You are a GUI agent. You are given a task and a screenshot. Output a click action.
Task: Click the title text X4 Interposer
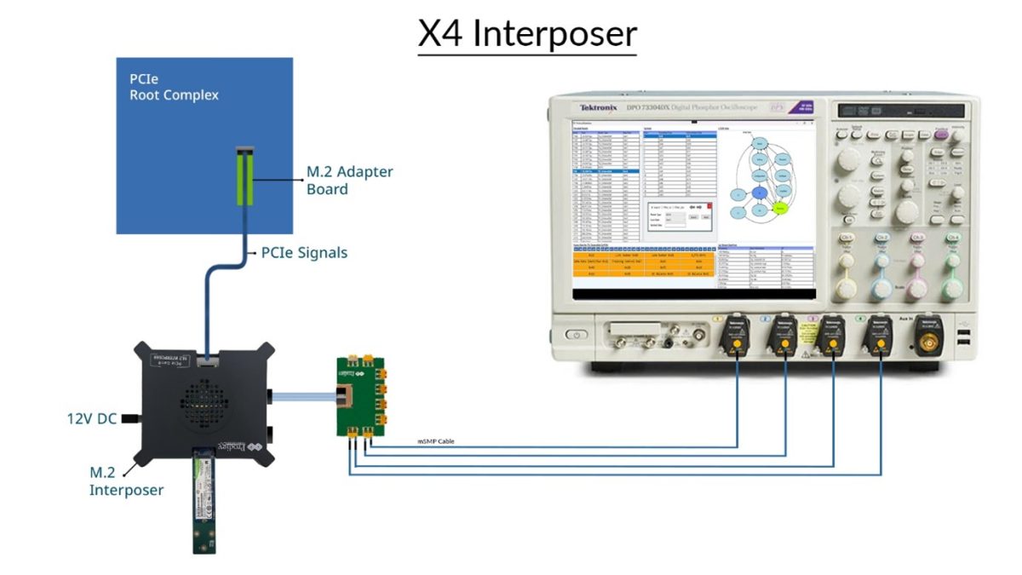click(x=527, y=34)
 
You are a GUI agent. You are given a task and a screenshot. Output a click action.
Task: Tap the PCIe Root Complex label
click(x=174, y=87)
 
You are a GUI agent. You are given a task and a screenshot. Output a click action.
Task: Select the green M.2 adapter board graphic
click(x=245, y=175)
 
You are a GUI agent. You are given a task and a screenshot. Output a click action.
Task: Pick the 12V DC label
click(x=91, y=419)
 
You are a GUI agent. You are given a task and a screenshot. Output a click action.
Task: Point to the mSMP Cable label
click(x=438, y=442)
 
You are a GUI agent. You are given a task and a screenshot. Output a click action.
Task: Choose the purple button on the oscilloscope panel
click(x=941, y=133)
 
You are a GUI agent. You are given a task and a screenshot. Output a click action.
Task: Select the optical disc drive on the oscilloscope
click(x=902, y=111)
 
